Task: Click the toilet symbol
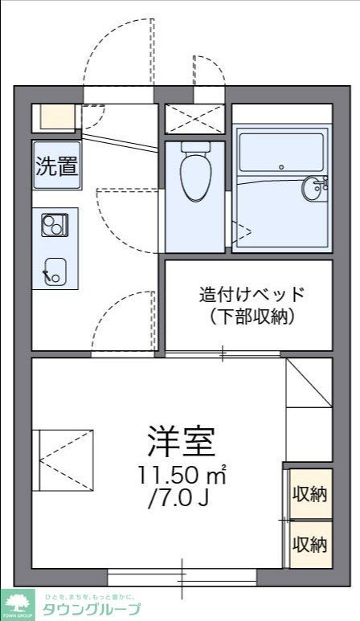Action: point(194,172)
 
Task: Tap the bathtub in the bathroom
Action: point(280,153)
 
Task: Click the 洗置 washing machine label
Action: point(56,166)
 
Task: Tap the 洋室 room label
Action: point(181,440)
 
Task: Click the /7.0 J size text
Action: point(178,499)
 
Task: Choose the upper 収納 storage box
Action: point(309,493)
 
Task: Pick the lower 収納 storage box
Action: point(309,544)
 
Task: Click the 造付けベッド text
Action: point(253,293)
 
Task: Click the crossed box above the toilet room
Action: point(194,119)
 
